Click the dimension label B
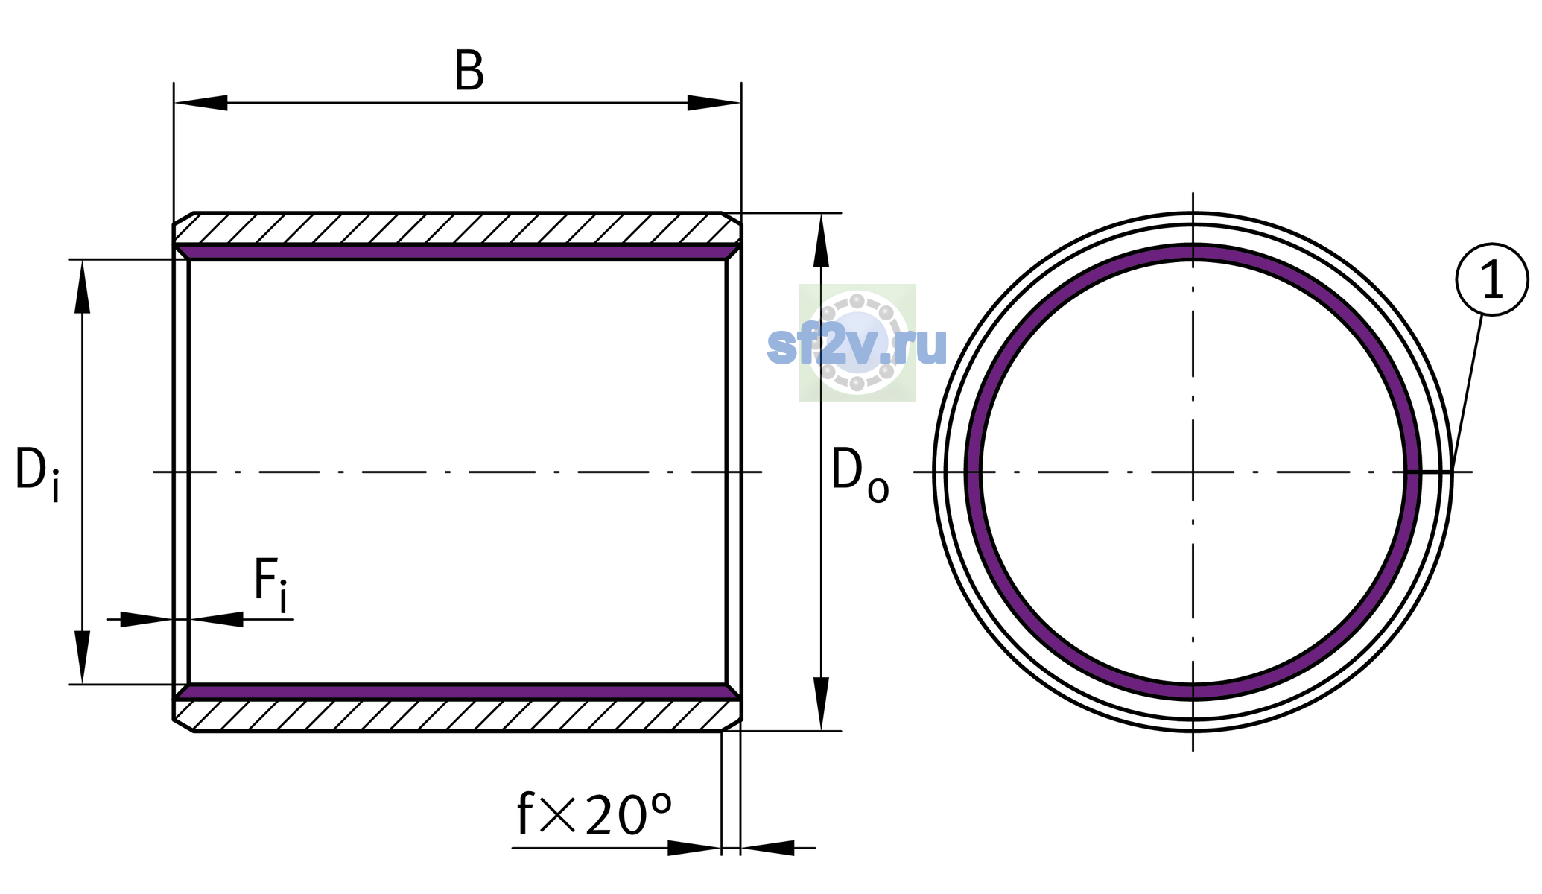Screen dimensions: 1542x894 click(x=469, y=72)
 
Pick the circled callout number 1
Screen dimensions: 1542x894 click(x=1492, y=279)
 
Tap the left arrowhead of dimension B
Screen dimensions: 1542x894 click(x=200, y=103)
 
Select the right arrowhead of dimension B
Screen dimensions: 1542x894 click(x=714, y=103)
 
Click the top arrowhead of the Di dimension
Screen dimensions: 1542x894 click(x=82, y=286)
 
